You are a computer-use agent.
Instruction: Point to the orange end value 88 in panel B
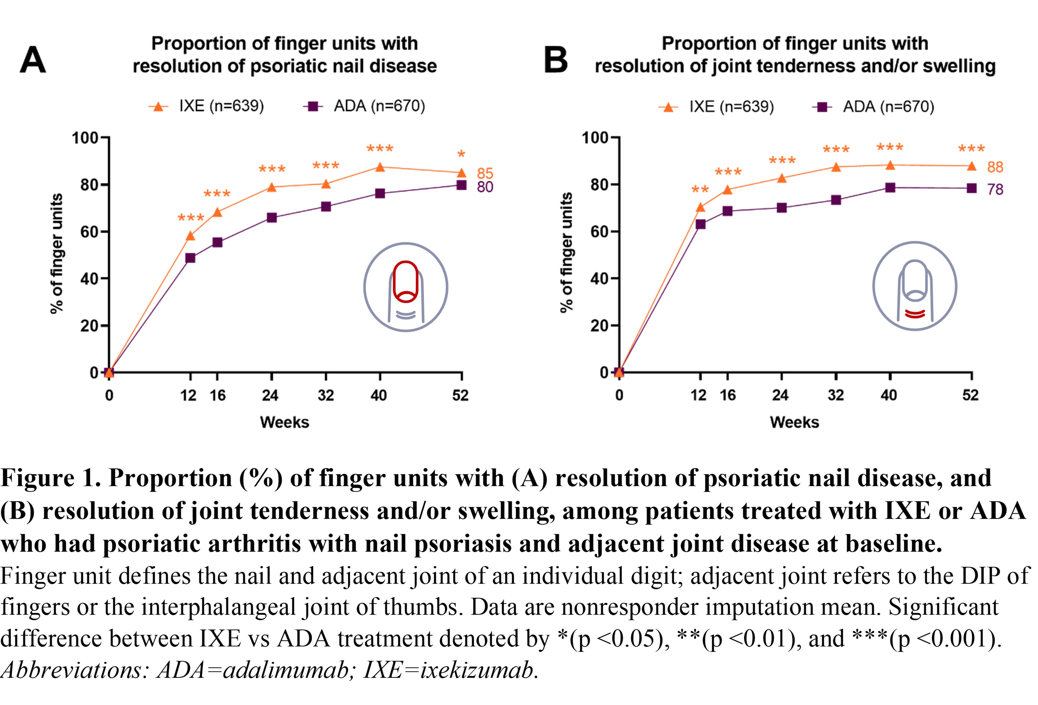pos(995,167)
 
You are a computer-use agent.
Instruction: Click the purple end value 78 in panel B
pos(995,189)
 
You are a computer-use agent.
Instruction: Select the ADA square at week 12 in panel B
pos(700,224)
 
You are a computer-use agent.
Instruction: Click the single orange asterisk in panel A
pos(461,155)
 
